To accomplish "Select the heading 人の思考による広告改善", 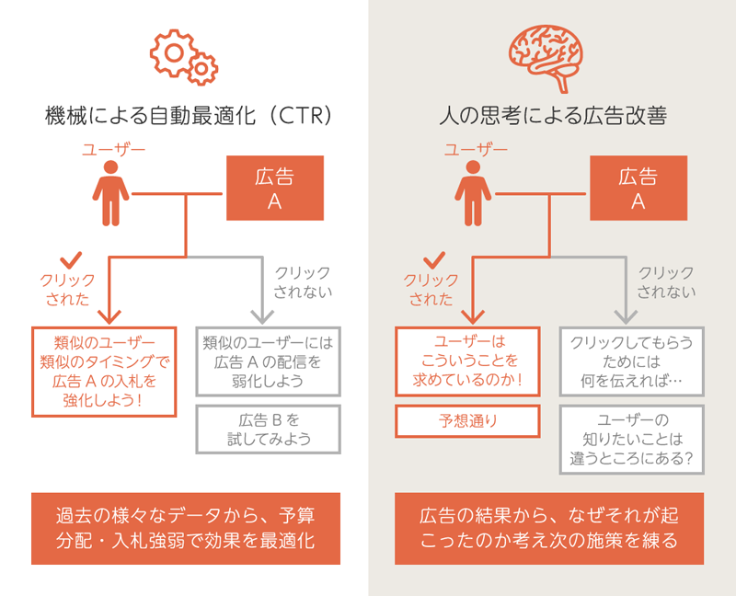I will point(553,117).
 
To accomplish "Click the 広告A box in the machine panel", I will point(274,188).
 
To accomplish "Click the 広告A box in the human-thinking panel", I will point(638,188).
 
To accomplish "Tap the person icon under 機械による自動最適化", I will point(111,193).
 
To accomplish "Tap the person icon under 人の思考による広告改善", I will point(474,193).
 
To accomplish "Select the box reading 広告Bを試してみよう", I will point(269,430).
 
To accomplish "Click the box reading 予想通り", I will point(467,422).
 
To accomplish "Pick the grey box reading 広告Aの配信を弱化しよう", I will point(269,361).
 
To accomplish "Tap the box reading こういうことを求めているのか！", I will point(467,361).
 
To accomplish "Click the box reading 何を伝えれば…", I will point(632,361).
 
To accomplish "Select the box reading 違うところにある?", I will point(632,440).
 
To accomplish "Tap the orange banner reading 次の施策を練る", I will point(549,529).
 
